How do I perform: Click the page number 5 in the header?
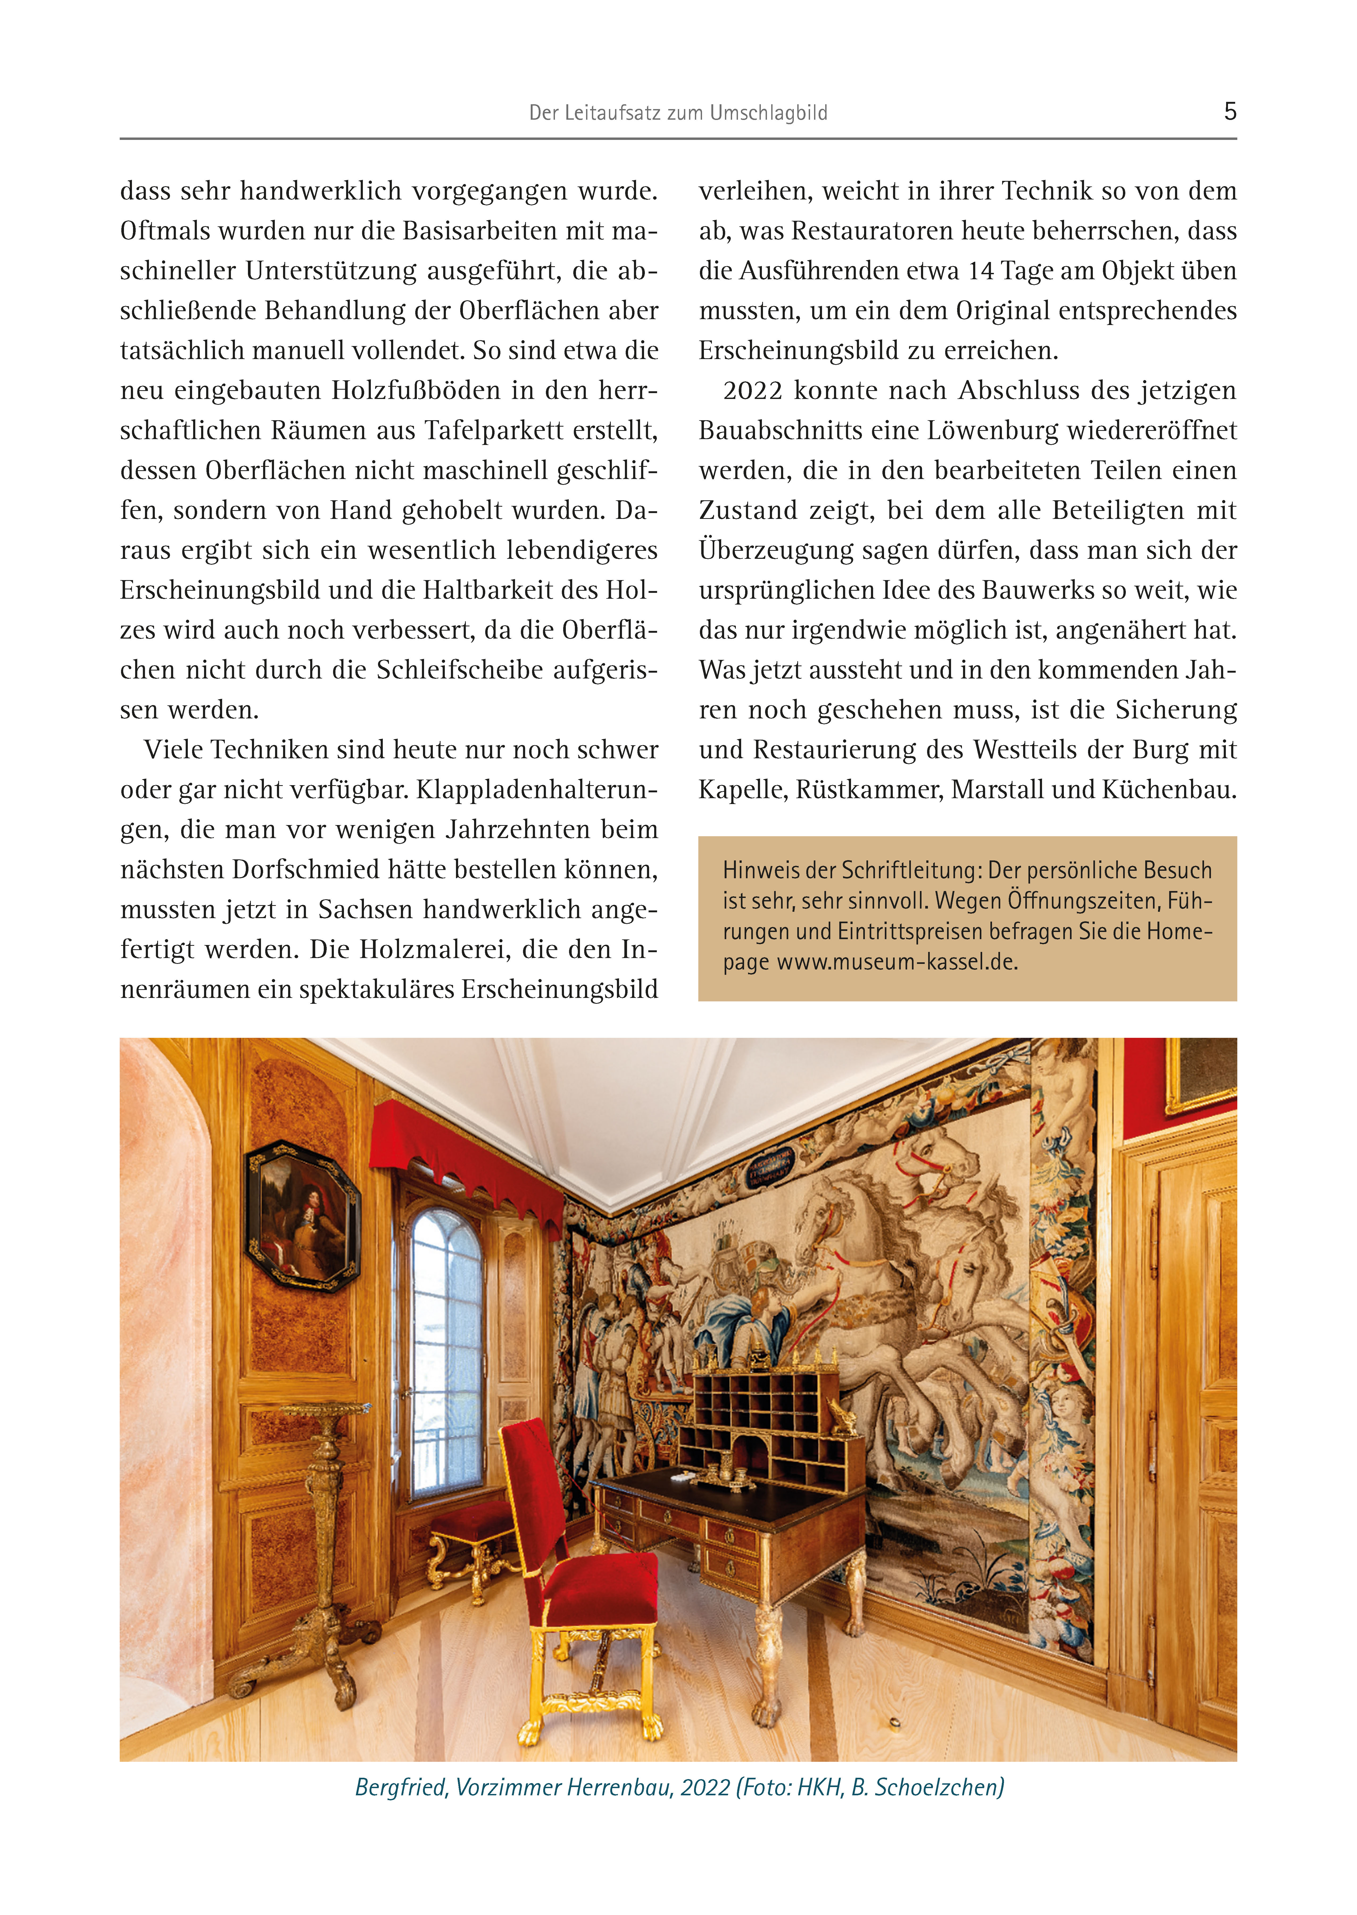pos(1229,111)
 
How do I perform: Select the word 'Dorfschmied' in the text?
pos(305,870)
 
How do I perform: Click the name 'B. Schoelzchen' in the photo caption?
pos(928,1787)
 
